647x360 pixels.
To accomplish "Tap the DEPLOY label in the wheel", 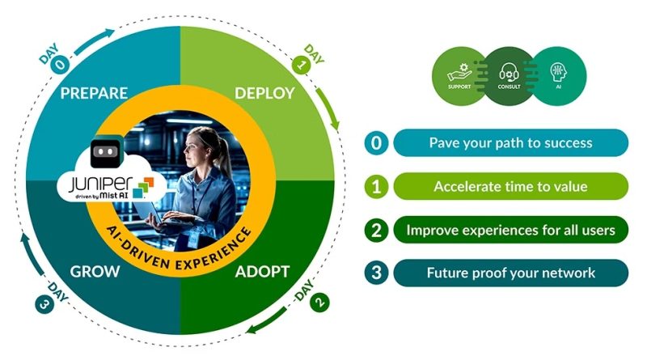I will [x=264, y=93].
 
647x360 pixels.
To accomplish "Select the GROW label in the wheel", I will [x=96, y=270].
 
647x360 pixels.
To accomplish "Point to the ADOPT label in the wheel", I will [x=264, y=270].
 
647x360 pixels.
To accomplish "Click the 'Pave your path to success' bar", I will [x=510, y=143].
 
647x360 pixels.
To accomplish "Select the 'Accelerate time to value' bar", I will [x=510, y=187].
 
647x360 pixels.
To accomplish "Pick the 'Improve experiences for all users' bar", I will [x=510, y=230].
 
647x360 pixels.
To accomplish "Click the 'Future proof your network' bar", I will [x=510, y=273].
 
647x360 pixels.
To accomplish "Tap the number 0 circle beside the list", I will [x=376, y=143].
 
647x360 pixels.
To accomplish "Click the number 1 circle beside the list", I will [x=376, y=187].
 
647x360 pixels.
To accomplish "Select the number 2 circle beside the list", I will [x=376, y=230].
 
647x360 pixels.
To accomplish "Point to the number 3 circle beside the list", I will [x=376, y=273].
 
